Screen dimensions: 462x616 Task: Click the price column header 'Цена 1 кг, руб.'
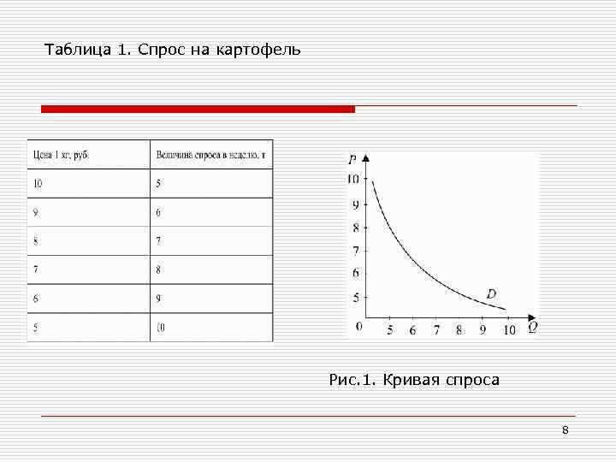pyautogui.click(x=61, y=155)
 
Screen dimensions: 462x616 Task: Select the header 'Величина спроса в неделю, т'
pyautogui.click(x=210, y=155)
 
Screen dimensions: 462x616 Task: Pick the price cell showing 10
pyautogui.click(x=38, y=183)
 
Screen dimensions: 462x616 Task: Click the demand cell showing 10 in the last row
pyautogui.click(x=160, y=327)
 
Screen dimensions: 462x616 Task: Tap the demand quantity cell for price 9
pyautogui.click(x=158, y=212)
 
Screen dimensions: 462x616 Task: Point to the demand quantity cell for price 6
pyautogui.click(x=158, y=299)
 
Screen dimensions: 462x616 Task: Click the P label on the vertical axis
pyautogui.click(x=352, y=159)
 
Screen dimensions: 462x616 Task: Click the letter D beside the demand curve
pyautogui.click(x=491, y=294)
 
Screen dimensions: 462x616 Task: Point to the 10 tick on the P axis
pyautogui.click(x=353, y=179)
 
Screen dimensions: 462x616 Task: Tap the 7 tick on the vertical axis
pyautogui.click(x=356, y=250)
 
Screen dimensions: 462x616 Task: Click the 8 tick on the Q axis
pyautogui.click(x=459, y=330)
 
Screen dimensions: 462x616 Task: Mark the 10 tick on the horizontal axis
pyautogui.click(x=509, y=330)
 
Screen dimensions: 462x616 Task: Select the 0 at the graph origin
pyautogui.click(x=358, y=326)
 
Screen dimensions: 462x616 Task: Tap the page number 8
pyautogui.click(x=565, y=429)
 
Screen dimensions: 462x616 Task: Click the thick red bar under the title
pyautogui.click(x=198, y=110)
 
